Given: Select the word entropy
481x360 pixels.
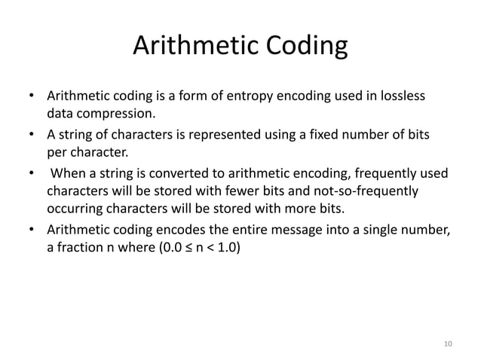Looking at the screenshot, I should [261, 97].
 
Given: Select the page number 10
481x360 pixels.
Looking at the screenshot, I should [448, 343].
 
